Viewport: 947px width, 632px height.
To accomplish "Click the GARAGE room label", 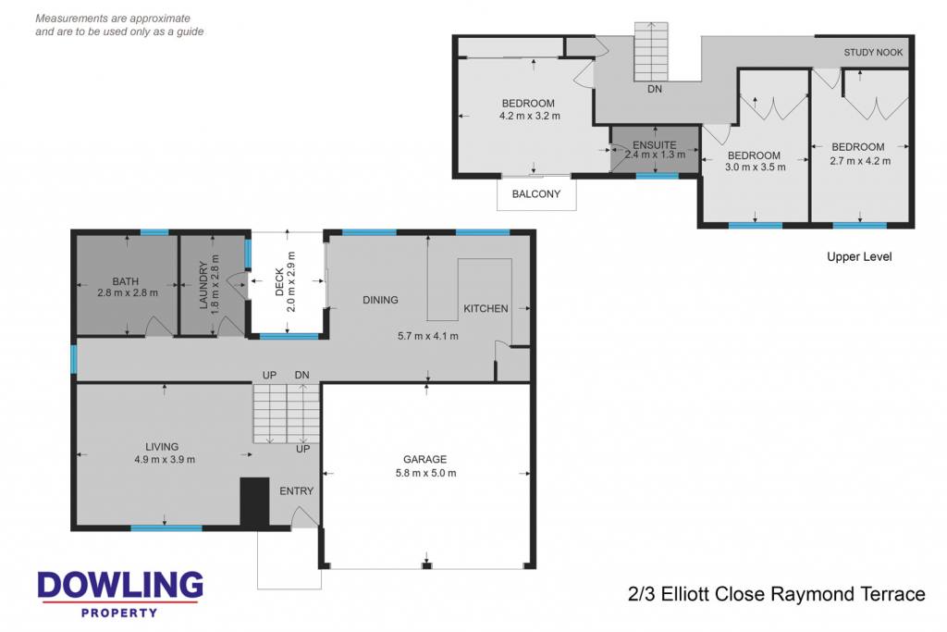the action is click(x=425, y=459).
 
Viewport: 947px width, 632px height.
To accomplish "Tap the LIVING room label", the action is click(x=162, y=447).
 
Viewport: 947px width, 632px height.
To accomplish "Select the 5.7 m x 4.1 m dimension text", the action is click(x=427, y=336).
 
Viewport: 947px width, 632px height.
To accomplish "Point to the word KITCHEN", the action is click(x=486, y=309).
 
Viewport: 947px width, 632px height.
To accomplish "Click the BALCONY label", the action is click(x=536, y=194).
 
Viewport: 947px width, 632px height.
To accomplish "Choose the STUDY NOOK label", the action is click(x=873, y=53).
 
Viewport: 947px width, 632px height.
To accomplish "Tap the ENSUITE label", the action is click(x=655, y=145).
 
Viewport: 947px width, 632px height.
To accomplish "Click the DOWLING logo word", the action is click(x=120, y=586).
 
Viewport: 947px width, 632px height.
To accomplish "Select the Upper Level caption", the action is click(x=859, y=257).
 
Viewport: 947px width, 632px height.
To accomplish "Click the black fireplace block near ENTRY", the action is click(x=255, y=502).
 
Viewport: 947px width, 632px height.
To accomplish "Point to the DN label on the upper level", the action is click(x=655, y=89).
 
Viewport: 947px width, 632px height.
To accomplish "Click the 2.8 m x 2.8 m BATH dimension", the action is click(x=128, y=293).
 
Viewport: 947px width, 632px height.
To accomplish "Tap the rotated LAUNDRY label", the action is click(x=203, y=285).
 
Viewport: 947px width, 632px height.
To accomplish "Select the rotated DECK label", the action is click(x=279, y=282).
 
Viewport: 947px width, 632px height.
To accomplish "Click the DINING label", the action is click(x=380, y=300).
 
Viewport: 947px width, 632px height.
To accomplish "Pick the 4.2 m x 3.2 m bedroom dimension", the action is click(x=530, y=116).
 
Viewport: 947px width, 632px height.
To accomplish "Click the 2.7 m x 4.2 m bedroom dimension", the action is click(x=860, y=161).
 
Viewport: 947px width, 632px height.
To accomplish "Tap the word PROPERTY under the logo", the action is click(x=119, y=613).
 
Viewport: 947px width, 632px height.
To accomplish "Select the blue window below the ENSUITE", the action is click(x=658, y=176).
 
